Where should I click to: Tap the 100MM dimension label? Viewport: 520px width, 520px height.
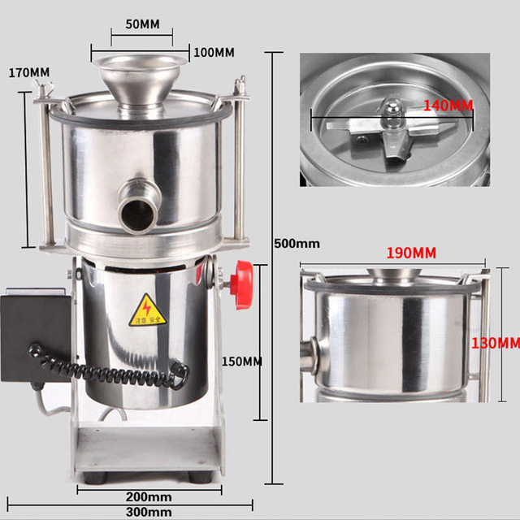click(214, 53)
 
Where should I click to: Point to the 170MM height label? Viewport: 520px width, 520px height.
click(28, 72)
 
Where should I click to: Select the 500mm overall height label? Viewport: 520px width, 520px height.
click(297, 243)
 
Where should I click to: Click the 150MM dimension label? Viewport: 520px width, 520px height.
click(241, 361)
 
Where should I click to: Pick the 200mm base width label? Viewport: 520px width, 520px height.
click(149, 496)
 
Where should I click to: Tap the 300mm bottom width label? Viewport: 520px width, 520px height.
click(149, 512)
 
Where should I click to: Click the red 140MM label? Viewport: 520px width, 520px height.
click(448, 106)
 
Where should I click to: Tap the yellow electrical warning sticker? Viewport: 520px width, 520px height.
click(148, 310)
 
